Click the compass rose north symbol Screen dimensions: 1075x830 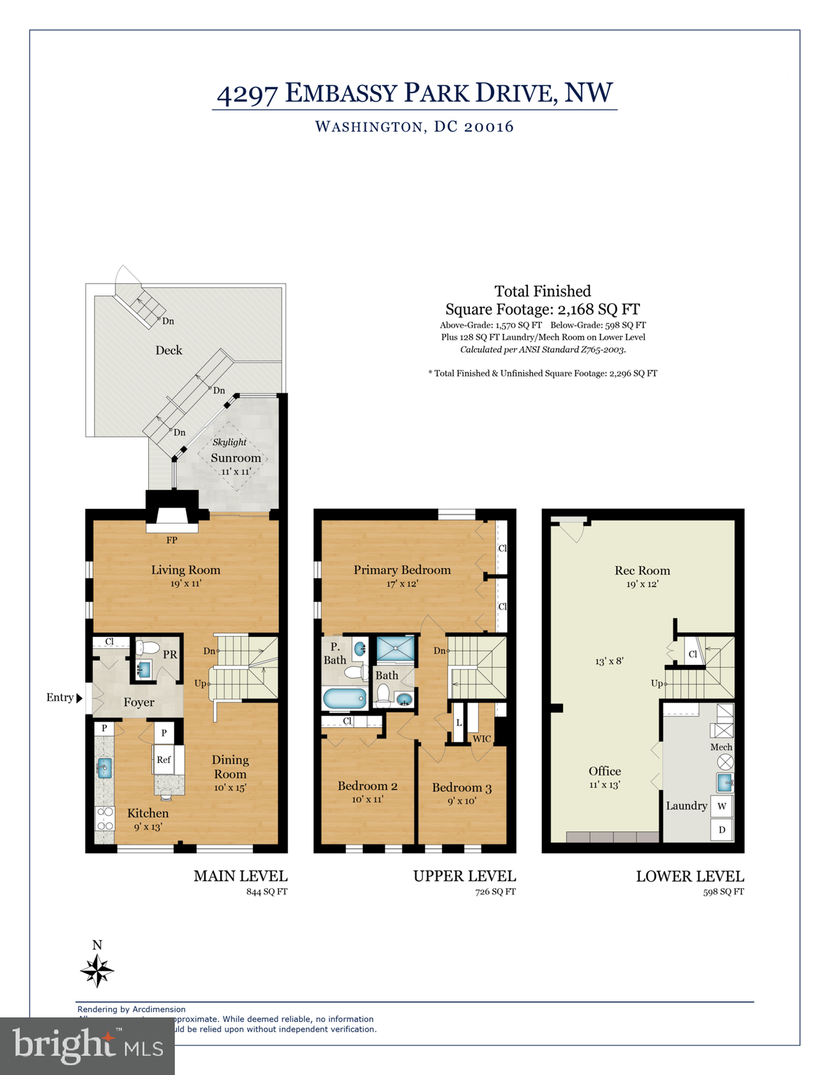click(96, 970)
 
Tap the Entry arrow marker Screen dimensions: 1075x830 click(79, 698)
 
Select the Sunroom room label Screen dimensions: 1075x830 click(236, 458)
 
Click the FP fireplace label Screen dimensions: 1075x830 click(172, 540)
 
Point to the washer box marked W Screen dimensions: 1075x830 click(722, 806)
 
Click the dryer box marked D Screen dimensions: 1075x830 click(722, 830)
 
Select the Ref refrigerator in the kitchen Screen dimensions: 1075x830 click(164, 759)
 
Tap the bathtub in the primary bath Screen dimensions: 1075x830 click(345, 698)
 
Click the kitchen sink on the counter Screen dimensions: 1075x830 click(104, 768)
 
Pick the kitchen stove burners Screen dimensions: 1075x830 click(104, 819)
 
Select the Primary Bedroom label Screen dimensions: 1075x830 click(402, 570)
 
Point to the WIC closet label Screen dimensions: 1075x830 click(482, 738)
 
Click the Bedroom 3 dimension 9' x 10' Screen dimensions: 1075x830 click(461, 801)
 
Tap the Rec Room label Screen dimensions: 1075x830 click(642, 570)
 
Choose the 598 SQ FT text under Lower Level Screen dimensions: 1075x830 click(723, 892)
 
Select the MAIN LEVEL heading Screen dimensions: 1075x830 click(241, 876)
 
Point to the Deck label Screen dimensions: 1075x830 click(169, 350)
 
